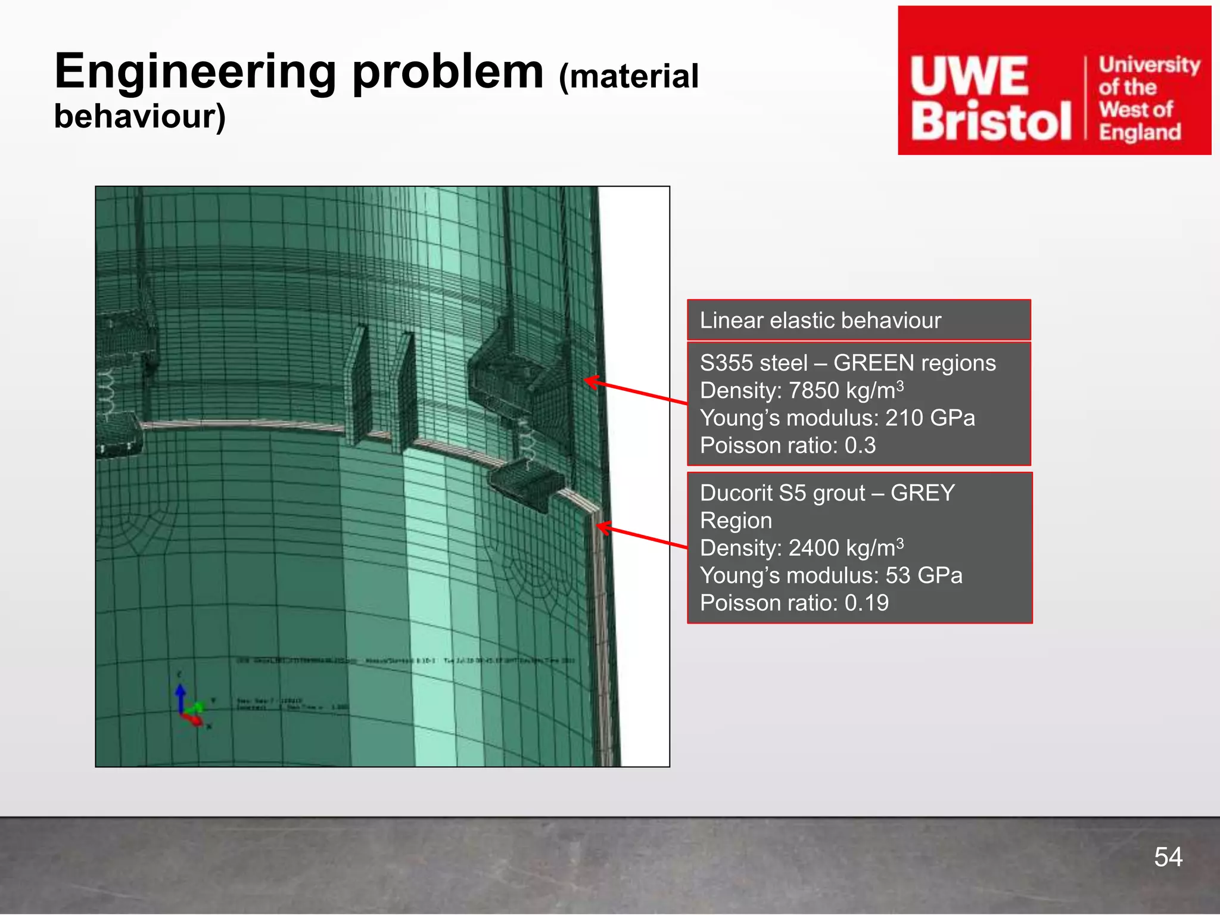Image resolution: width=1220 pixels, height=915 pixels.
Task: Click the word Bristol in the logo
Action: tap(991, 122)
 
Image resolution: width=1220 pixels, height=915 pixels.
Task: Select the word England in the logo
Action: tap(1140, 132)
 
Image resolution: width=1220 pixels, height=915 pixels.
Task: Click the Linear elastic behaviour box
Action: tap(858, 320)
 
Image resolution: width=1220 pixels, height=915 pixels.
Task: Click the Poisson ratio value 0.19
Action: tap(867, 603)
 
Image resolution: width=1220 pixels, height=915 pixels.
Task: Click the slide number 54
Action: tap(1168, 857)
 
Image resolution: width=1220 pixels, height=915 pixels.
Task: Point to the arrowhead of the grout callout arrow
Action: tap(601, 527)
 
